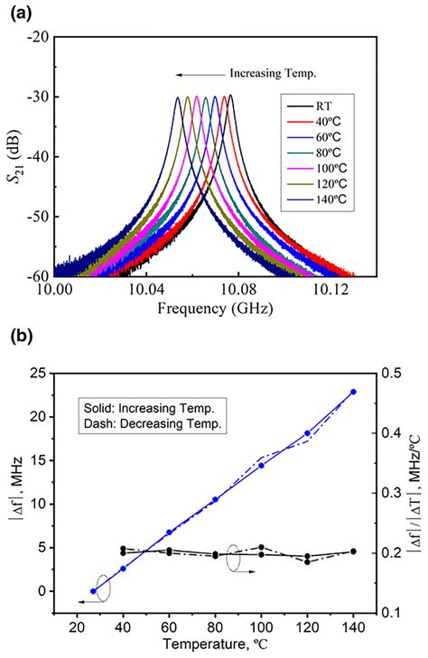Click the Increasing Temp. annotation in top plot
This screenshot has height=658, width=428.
pyautogui.click(x=274, y=73)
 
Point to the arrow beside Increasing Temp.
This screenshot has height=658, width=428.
pyautogui.click(x=200, y=74)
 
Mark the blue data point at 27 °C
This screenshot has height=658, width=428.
pyautogui.click(x=93, y=591)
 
